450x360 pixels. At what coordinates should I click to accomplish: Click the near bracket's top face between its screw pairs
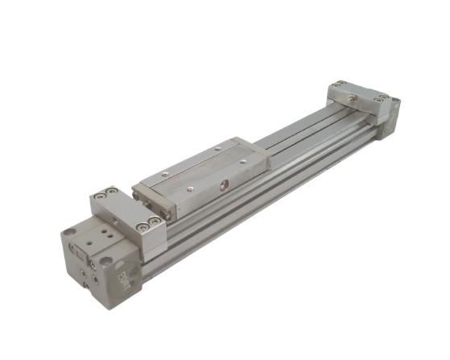pos(126,208)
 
